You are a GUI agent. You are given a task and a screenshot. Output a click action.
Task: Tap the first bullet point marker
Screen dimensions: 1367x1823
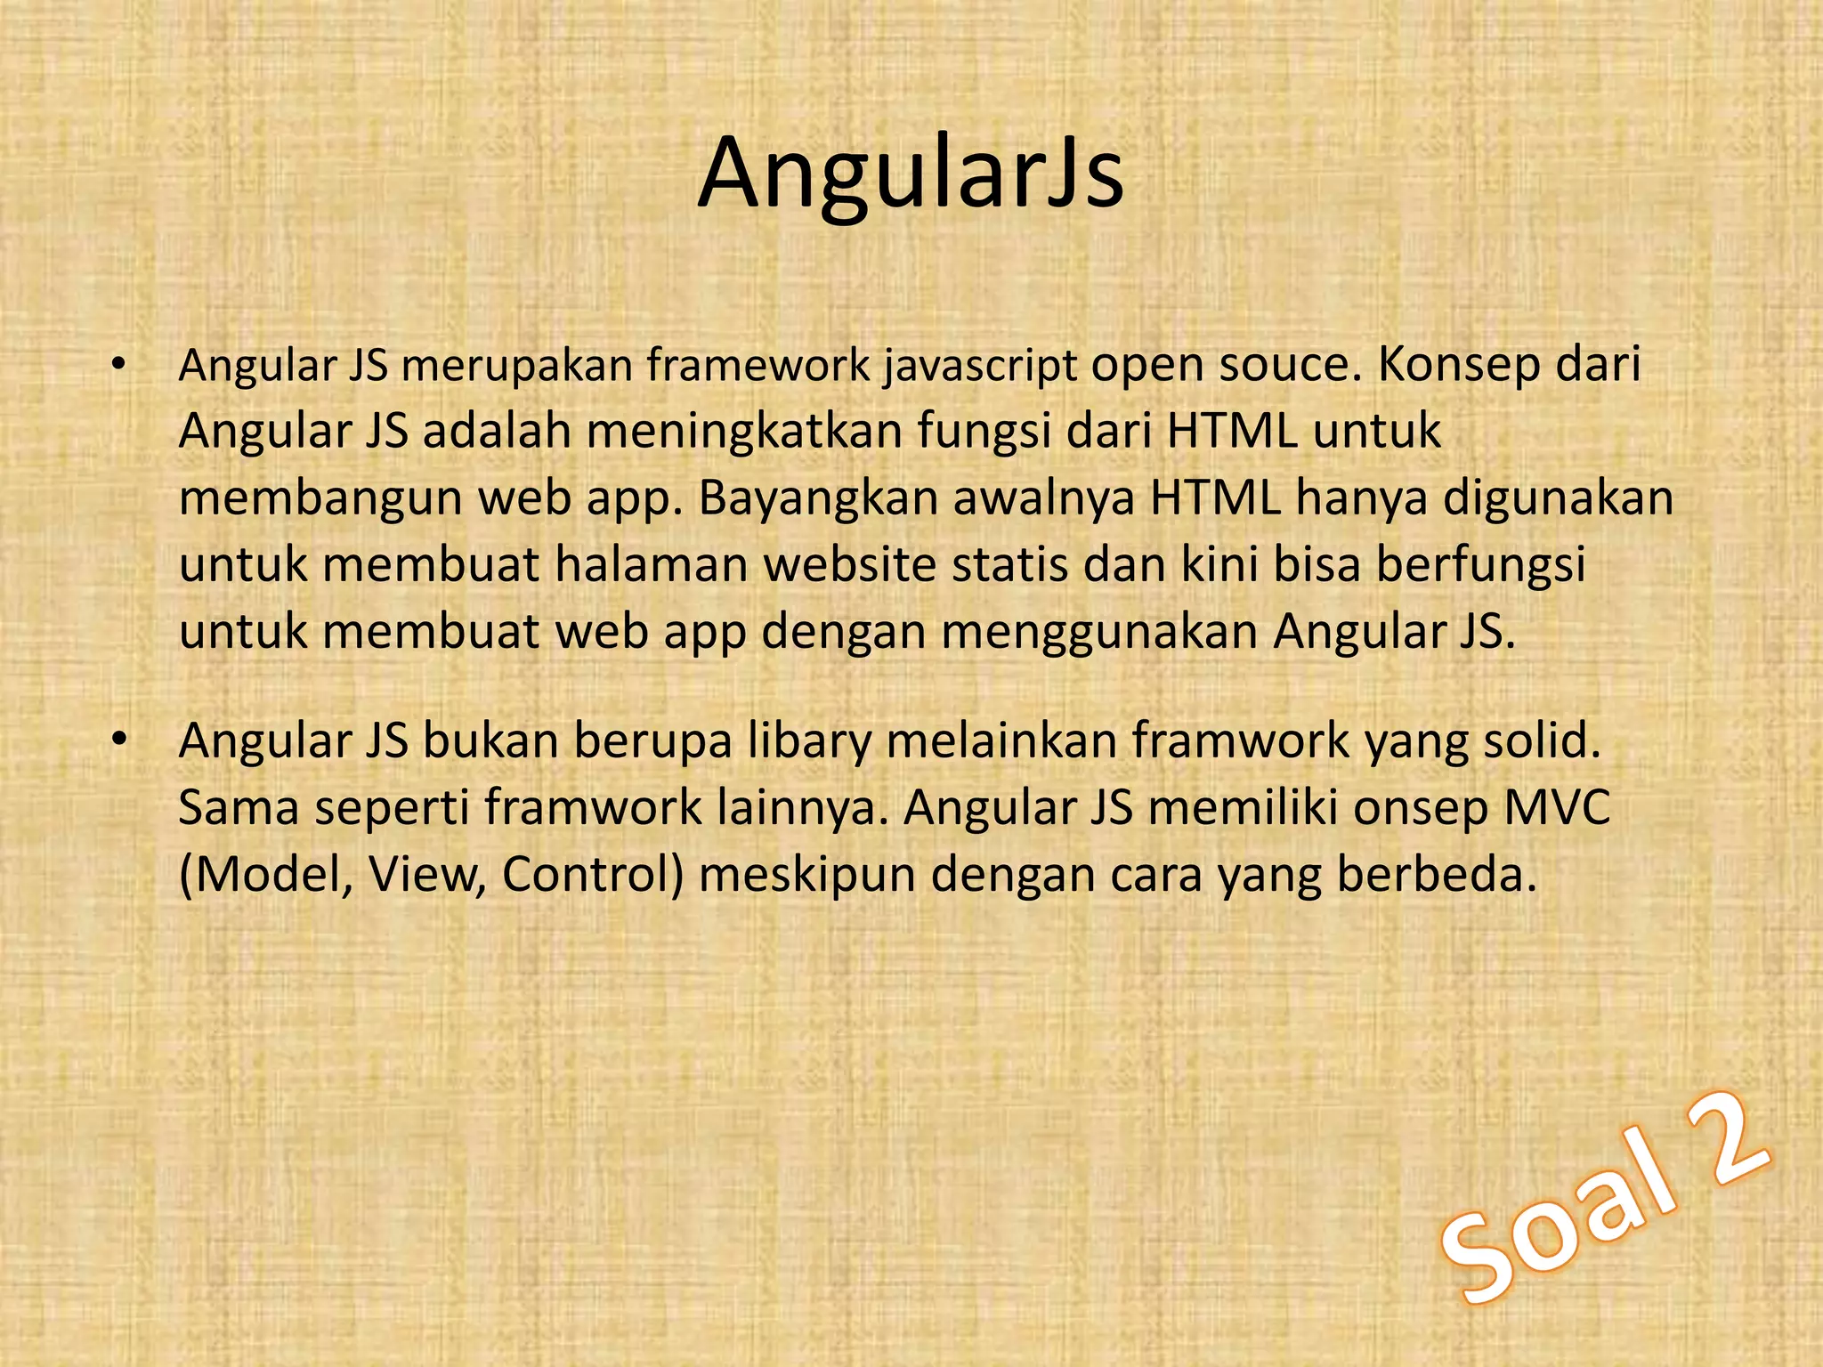(119, 366)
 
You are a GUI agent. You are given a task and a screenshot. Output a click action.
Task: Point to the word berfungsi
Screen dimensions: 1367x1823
(1481, 567)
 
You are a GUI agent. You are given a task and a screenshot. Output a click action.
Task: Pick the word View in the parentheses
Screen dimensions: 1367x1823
(427, 875)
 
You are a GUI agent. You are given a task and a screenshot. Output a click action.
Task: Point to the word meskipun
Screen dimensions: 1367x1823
(807, 877)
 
